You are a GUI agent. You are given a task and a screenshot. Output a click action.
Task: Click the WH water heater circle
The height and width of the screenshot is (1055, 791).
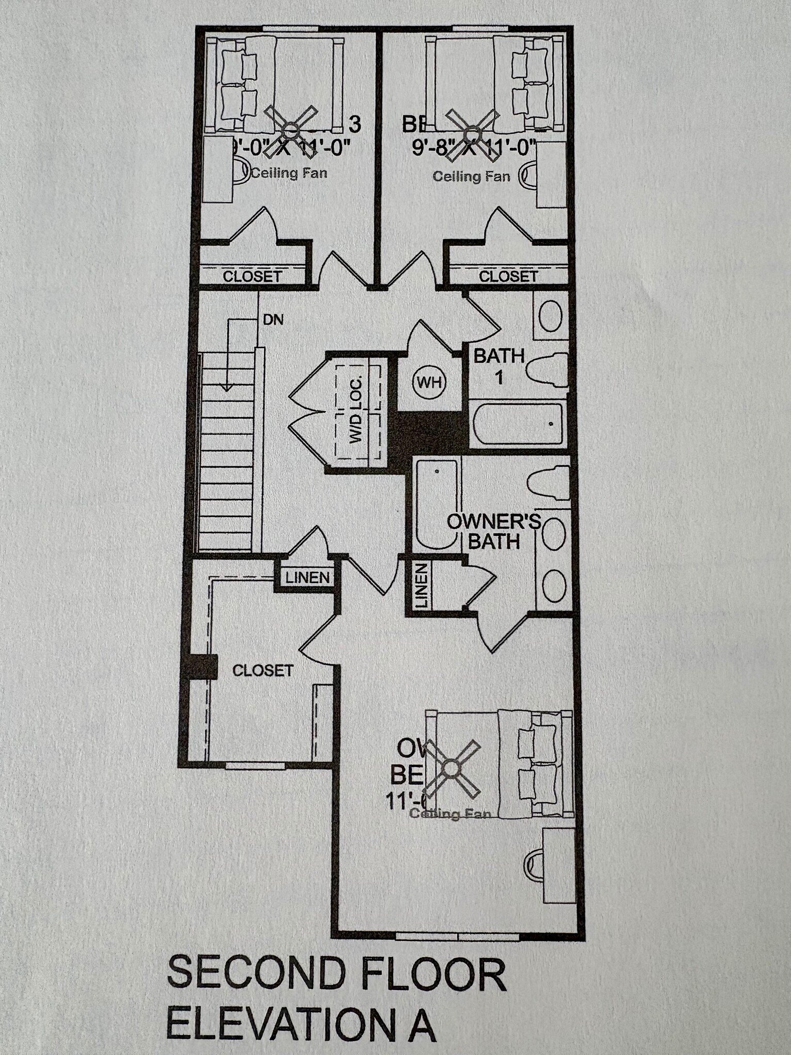pos(429,383)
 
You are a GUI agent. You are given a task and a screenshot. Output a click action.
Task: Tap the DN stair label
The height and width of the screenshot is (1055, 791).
pos(273,320)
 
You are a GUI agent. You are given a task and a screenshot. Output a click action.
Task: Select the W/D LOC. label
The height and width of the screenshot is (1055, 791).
pos(356,410)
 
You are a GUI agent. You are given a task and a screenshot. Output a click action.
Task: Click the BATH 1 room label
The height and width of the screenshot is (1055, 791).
pos(499,366)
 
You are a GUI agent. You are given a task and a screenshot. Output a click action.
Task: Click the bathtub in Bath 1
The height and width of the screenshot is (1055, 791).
pos(517,424)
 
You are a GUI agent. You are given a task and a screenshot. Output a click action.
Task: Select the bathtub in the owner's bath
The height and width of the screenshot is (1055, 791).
pos(436,504)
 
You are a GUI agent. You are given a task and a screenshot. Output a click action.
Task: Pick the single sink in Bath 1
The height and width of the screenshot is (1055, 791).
pos(550,315)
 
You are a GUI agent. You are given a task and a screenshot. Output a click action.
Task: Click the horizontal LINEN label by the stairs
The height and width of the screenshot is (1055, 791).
pos(307,577)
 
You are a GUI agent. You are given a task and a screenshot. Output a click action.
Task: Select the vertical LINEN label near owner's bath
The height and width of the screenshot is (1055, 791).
pos(422,586)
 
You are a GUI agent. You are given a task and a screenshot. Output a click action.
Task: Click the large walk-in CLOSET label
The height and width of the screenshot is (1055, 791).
pos(263,670)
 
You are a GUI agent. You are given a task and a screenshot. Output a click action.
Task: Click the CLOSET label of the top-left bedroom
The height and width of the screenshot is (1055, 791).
pos(252,276)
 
